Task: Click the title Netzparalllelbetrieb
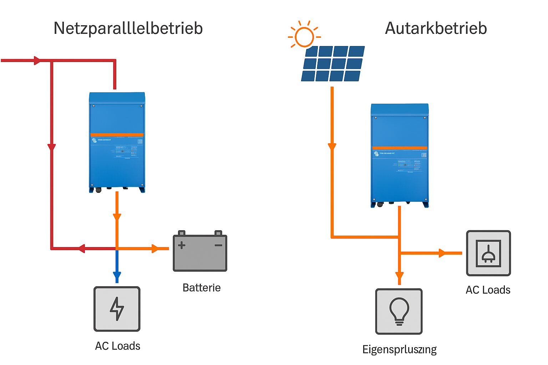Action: click(x=128, y=29)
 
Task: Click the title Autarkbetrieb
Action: click(x=436, y=29)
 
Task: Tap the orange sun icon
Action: click(x=304, y=36)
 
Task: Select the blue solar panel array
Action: click(x=333, y=63)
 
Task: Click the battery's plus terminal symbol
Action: click(x=182, y=245)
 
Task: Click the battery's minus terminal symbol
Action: click(x=218, y=245)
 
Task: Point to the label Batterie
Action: click(x=202, y=288)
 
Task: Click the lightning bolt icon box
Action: click(x=117, y=309)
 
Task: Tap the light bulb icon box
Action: click(x=399, y=311)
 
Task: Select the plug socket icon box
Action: click(x=488, y=253)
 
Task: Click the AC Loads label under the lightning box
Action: click(x=118, y=346)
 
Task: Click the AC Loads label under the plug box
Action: click(x=488, y=290)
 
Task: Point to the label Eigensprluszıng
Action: click(x=399, y=349)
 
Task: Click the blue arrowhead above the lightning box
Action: click(x=117, y=276)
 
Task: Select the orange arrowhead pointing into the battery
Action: click(x=155, y=248)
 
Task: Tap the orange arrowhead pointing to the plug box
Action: click(x=442, y=253)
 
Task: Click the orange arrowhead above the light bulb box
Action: click(x=400, y=276)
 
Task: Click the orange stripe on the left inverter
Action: click(x=117, y=135)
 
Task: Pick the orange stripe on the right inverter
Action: click(x=400, y=148)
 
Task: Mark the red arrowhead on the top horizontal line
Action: click(x=37, y=61)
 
